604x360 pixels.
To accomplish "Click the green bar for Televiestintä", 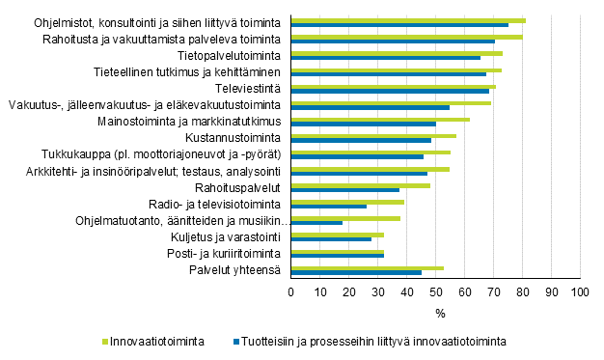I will pos(394,86).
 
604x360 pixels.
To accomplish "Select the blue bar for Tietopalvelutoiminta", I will pos(386,58).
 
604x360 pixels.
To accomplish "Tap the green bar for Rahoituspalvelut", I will pos(361,184).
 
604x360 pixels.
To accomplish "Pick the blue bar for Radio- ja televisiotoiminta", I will pos(329,206).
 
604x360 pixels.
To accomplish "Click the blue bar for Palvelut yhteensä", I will pos(356,272).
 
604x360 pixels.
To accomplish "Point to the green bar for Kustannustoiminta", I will pos(373,135).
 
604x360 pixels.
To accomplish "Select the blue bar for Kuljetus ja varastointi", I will pos(331,238).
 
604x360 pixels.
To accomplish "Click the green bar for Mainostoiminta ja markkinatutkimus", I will pos(380,119).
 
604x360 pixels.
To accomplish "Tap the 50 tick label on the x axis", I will pos(435,291).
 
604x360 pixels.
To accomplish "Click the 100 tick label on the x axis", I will pos(579,291).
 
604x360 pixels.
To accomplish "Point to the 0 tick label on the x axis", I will pos(291,291).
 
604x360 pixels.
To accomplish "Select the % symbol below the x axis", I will pos(440,313).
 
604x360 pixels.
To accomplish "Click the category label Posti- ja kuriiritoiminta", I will pos(226,254).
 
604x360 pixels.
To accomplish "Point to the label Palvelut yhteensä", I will pos(234,270).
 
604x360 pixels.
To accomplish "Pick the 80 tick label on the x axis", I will pos(522,291).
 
